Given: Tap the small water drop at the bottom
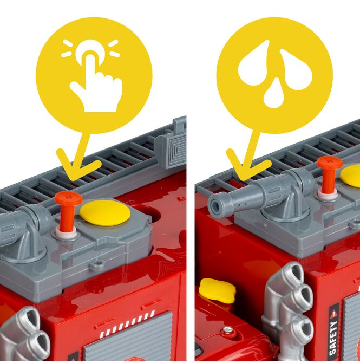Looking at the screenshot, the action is tap(274, 94).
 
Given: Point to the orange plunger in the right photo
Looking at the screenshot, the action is tap(330, 173).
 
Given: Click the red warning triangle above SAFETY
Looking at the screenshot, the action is tap(333, 314).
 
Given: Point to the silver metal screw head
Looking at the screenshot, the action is tap(228, 329).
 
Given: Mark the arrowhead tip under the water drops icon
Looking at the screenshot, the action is tap(242, 179).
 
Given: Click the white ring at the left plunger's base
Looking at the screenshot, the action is tap(66, 232).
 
